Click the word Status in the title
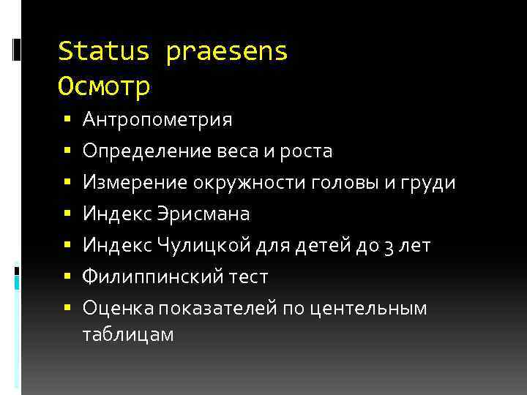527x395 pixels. (104, 52)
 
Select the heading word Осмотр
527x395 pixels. (104, 87)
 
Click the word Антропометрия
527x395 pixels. (157, 119)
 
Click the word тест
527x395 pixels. (249, 277)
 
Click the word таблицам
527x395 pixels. (128, 334)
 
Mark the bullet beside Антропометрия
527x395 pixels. (67, 118)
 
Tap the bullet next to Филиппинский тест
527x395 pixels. (67, 276)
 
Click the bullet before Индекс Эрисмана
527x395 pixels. (67, 214)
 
